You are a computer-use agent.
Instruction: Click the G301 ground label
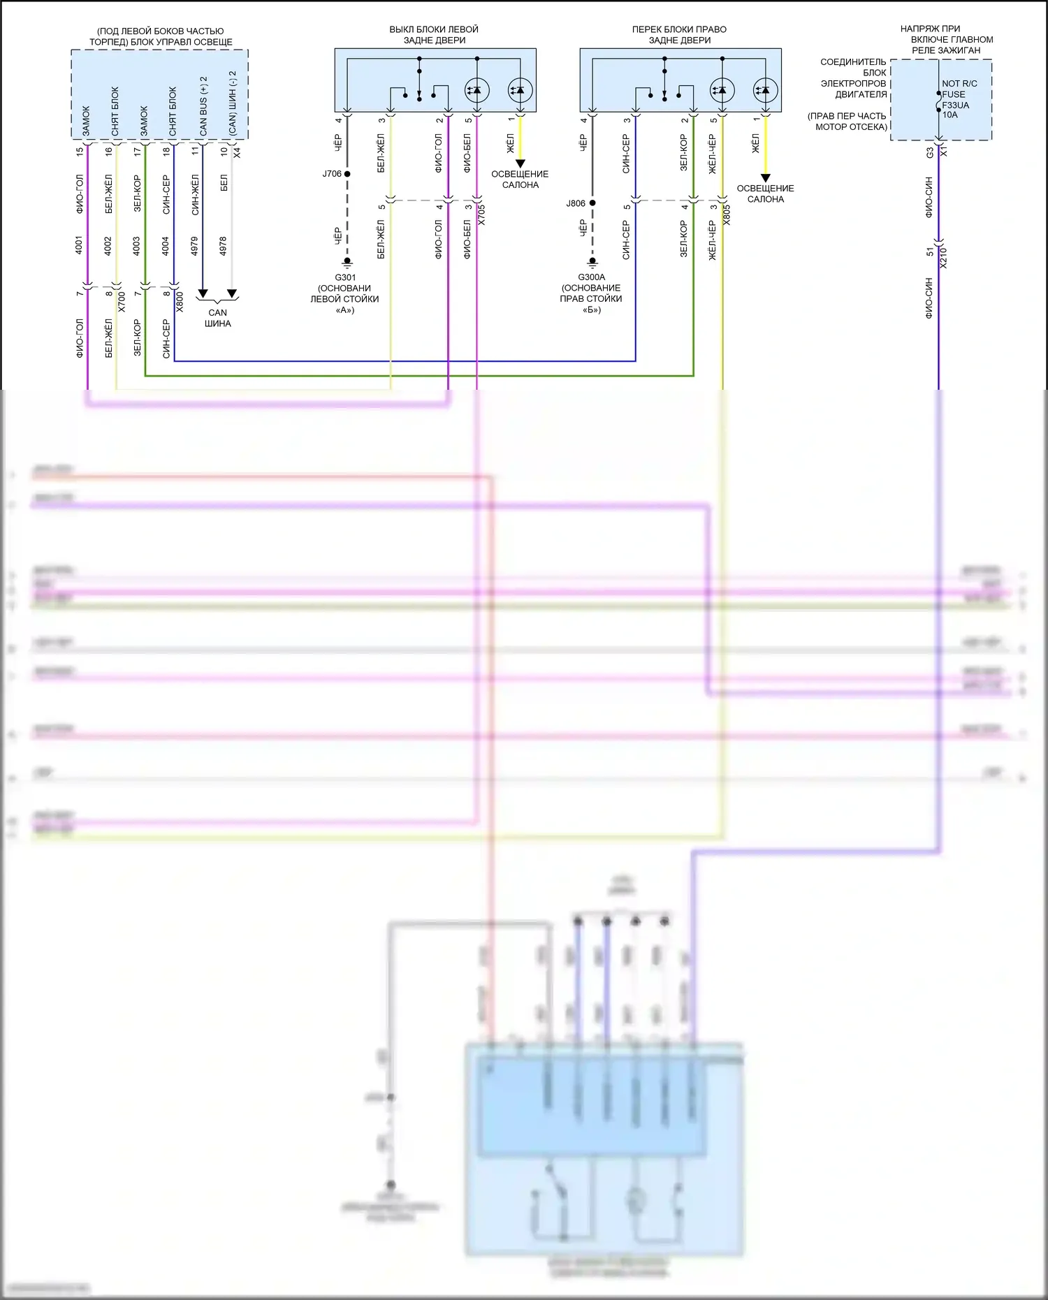(345, 277)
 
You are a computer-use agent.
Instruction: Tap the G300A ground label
(591, 277)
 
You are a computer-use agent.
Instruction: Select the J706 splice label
(332, 174)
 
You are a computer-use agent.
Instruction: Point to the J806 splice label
(576, 203)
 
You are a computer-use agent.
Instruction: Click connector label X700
(122, 301)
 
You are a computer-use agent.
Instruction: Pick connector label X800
(180, 301)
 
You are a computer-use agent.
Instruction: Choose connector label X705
(481, 214)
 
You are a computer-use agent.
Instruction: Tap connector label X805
(727, 214)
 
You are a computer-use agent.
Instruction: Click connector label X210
(943, 258)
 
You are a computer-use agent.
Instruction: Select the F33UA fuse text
(955, 105)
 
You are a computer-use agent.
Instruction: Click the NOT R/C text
(959, 83)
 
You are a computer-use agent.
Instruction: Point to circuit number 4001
(79, 246)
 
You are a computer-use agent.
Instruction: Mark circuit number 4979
(194, 246)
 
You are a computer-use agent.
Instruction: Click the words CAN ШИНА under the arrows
(217, 318)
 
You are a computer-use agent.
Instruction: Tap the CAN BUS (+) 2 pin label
(203, 106)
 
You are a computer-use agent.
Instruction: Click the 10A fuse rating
(949, 115)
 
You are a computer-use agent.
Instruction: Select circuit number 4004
(166, 246)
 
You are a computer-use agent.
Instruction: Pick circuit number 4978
(223, 246)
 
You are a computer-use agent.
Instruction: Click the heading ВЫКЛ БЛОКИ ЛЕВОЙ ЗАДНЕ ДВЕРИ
(434, 35)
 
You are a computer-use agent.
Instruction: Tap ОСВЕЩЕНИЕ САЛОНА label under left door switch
(520, 180)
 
